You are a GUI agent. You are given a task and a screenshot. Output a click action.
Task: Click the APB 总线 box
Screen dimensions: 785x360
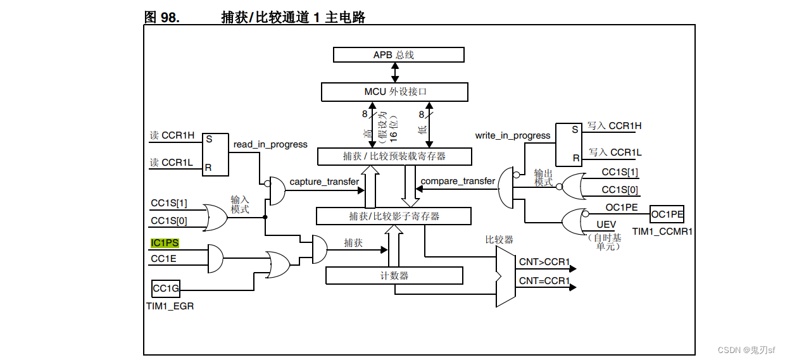[398, 54]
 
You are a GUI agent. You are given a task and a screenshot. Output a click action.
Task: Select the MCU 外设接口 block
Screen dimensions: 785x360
[394, 92]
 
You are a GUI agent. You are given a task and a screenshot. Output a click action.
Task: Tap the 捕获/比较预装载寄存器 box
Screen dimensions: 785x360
[394, 156]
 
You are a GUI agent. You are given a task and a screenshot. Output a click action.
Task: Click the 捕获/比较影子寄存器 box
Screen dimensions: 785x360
[394, 216]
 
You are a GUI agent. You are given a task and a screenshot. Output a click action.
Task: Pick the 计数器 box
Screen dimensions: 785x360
[394, 276]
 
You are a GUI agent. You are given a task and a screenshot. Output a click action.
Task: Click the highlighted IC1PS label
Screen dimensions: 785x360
[165, 243]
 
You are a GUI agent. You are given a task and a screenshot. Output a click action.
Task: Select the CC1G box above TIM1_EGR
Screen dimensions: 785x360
[166, 289]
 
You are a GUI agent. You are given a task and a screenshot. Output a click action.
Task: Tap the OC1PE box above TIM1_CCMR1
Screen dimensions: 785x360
[667, 214]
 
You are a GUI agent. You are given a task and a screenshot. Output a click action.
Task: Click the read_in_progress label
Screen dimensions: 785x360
[270, 144]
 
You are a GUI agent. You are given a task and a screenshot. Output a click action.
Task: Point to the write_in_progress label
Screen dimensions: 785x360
[513, 135]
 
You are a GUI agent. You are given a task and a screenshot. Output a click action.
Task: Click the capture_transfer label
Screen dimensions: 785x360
[324, 182]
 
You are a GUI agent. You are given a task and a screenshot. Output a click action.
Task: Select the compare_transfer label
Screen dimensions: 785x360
[458, 181]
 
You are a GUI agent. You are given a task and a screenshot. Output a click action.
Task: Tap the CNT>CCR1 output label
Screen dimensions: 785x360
[544, 261]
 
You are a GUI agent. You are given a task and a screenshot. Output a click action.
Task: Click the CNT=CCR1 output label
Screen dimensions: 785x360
[544, 280]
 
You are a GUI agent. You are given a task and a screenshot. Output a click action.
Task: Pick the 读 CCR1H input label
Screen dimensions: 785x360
[172, 135]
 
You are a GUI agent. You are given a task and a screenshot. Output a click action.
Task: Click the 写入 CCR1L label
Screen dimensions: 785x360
[615, 152]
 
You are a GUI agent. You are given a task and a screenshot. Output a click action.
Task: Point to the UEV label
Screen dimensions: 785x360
[606, 225]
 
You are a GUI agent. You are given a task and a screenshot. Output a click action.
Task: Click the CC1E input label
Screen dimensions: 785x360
[164, 259]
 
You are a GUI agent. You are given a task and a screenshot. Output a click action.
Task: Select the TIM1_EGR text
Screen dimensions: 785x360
[170, 306]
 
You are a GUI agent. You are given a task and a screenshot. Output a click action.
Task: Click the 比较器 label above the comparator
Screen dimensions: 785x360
[499, 240]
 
